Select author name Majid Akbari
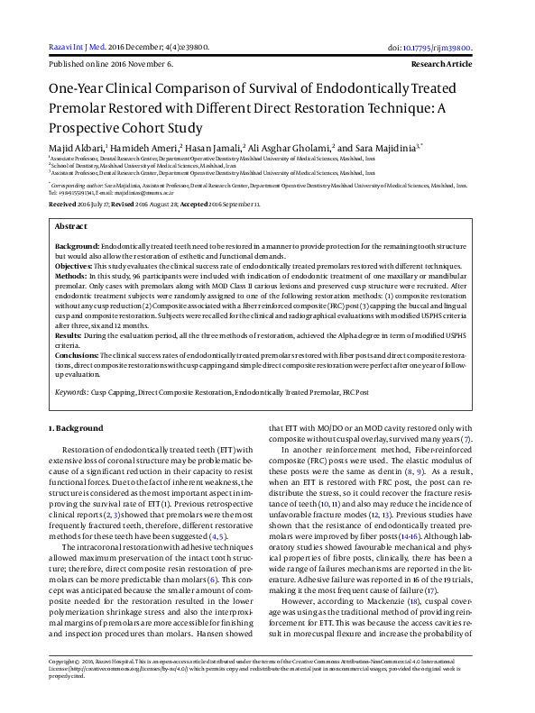coord(76,146)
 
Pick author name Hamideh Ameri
coord(143,146)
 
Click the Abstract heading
coord(71,227)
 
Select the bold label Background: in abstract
coord(77,246)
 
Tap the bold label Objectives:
coord(74,267)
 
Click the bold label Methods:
coord(71,277)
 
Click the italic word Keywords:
coord(73,393)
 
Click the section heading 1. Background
coord(76,428)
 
